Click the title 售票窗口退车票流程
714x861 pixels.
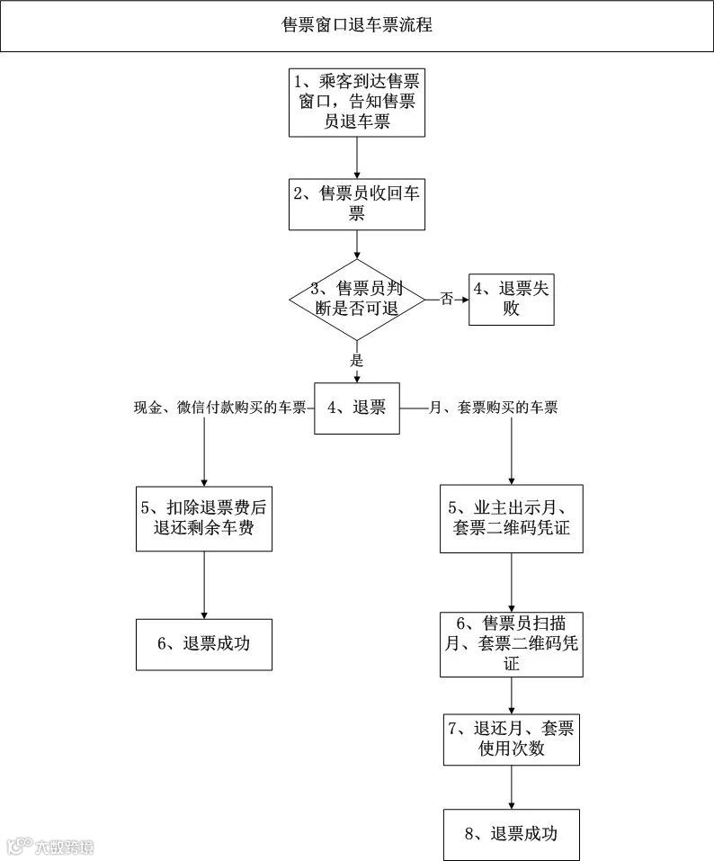(357, 25)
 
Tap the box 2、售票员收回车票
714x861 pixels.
(357, 203)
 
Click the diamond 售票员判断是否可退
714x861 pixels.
(357, 299)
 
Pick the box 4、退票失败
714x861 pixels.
(511, 299)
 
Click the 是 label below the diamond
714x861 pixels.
(357, 360)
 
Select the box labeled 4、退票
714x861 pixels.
(357, 408)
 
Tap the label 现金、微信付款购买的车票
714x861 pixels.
(219, 408)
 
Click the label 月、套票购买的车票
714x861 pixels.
(494, 408)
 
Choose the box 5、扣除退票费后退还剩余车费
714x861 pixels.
(204, 518)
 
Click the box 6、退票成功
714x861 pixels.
(204, 643)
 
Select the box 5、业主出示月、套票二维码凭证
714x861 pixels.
(512, 518)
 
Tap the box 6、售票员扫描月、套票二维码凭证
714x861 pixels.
(512, 643)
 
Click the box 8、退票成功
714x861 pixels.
(512, 834)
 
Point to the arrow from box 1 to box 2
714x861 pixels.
(357, 158)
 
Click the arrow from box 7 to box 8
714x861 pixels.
(512, 786)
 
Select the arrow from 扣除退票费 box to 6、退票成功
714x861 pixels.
(204, 585)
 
